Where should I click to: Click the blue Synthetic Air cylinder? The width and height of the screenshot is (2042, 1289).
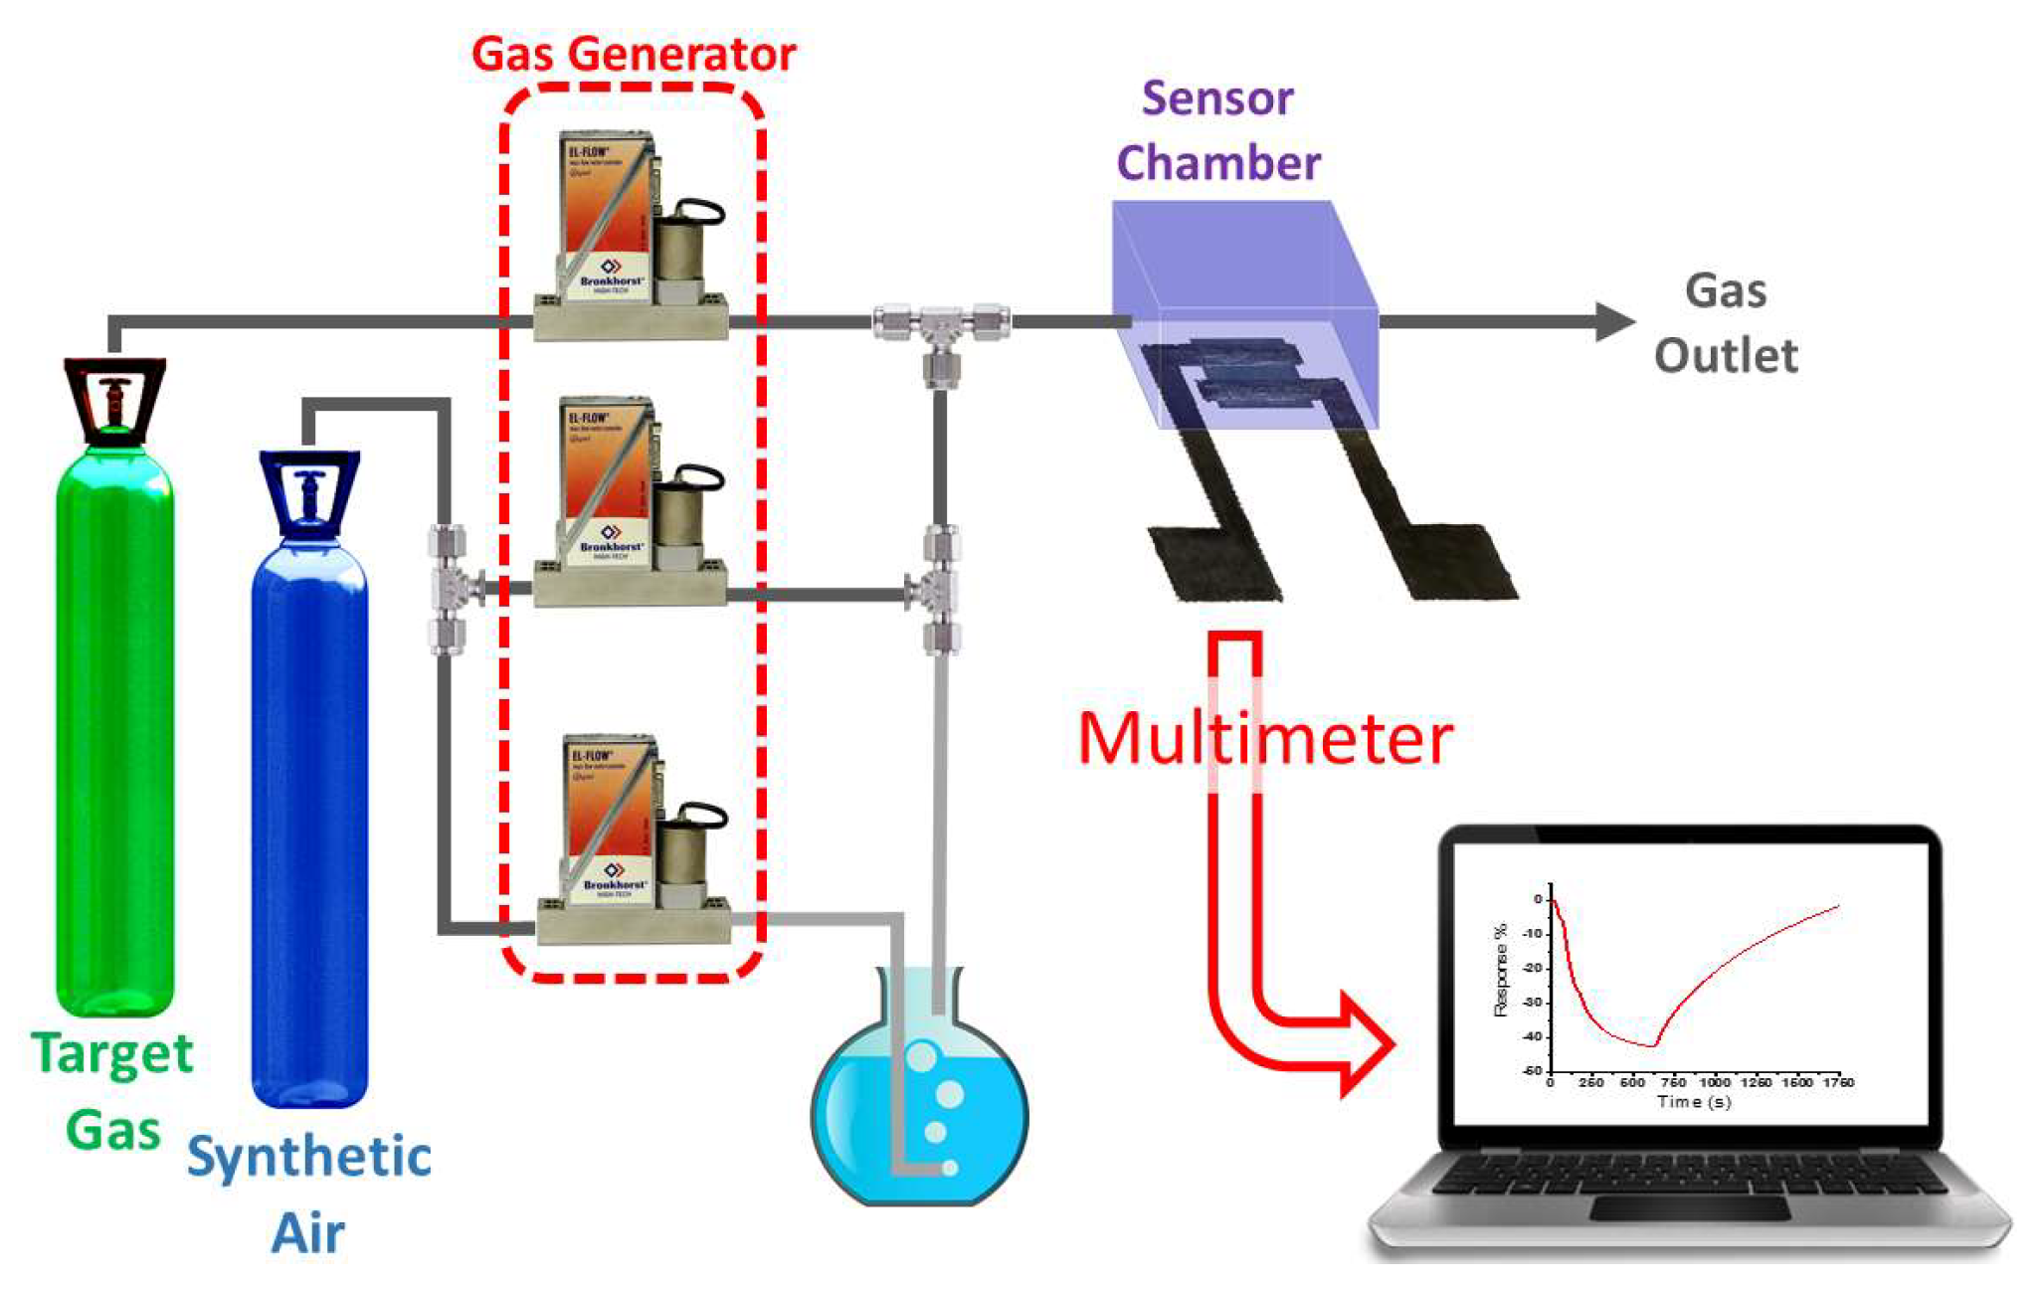click(309, 826)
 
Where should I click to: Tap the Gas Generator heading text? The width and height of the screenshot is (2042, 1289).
click(634, 54)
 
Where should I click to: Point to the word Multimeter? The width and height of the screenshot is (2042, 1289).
click(1265, 738)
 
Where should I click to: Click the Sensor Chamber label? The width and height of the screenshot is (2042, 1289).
click(1218, 131)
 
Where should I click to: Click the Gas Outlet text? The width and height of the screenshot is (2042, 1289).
click(1726, 323)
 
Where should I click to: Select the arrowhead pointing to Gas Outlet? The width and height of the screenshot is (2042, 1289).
click(1613, 321)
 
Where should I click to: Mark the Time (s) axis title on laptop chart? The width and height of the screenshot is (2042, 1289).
click(1693, 1102)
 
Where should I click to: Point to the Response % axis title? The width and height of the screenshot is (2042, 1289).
click(1501, 970)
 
